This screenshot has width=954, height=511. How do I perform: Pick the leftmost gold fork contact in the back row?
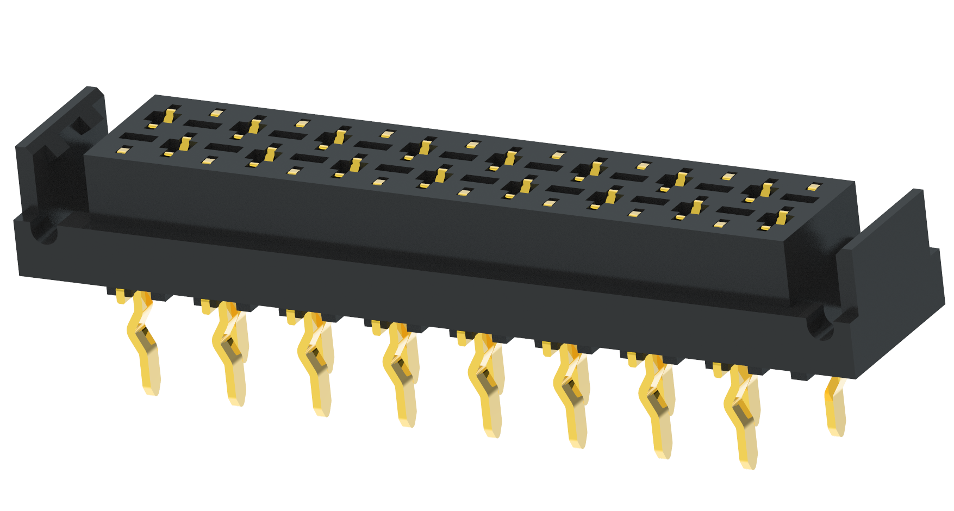pos(169,116)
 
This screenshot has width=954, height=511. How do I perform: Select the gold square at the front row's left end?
pos(124,149)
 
